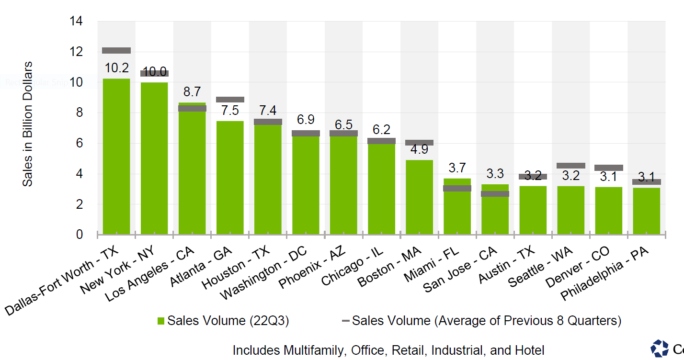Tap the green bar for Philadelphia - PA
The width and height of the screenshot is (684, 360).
tap(646, 211)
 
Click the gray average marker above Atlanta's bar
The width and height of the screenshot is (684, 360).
tap(230, 100)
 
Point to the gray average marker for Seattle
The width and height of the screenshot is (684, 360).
tap(570, 166)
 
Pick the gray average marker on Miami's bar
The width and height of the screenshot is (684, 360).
tap(457, 188)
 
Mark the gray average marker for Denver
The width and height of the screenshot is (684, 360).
tap(608, 168)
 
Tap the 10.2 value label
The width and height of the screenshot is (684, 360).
tap(116, 68)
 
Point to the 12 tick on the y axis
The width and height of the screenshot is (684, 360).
tap(76, 52)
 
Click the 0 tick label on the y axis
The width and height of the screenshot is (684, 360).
tap(80, 235)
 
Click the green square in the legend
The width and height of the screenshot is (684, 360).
tap(160, 321)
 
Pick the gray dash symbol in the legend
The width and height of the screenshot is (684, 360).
tap(345, 321)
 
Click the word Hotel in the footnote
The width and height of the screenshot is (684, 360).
tap(529, 350)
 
